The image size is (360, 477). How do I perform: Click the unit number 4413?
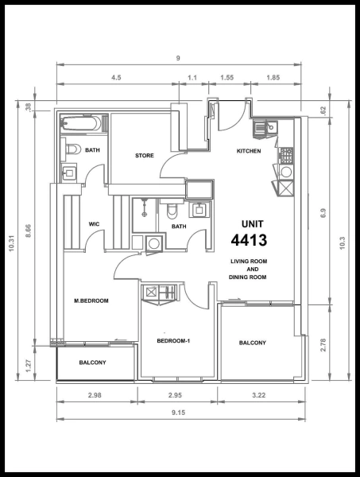click(249, 240)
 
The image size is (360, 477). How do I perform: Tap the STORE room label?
click(144, 155)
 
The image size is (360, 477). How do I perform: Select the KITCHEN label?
click(249, 151)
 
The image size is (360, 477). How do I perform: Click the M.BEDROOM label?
click(91, 301)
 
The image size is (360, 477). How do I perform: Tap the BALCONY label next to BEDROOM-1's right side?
click(252, 343)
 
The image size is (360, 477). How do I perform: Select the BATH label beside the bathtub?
click(92, 149)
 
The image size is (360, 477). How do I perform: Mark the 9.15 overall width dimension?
click(179, 413)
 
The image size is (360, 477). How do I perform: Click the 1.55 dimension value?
click(226, 78)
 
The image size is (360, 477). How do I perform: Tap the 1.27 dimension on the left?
click(29, 366)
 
